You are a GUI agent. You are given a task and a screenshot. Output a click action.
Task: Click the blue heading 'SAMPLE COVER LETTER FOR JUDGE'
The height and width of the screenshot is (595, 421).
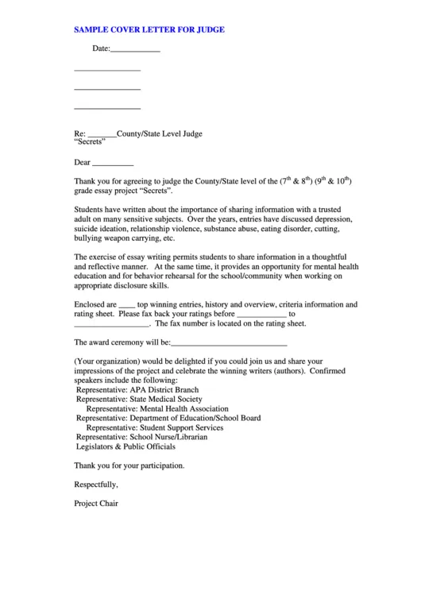pos(149,29)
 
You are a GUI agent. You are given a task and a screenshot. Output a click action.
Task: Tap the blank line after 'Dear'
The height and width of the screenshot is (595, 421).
pos(113,163)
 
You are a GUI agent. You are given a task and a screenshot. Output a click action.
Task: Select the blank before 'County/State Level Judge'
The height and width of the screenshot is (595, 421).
pos(102,135)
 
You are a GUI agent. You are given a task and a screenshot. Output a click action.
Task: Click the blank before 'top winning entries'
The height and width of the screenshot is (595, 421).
pos(127,304)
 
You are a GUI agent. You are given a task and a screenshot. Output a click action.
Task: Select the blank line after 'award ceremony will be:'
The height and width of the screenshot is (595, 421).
pos(229,343)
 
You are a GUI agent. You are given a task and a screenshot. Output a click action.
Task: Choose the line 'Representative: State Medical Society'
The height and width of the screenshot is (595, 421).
pos(139,400)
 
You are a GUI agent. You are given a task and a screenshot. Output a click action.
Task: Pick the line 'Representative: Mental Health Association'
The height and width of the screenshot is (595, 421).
pos(156,409)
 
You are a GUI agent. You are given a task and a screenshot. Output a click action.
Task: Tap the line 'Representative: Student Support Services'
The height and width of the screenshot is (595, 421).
pos(155,427)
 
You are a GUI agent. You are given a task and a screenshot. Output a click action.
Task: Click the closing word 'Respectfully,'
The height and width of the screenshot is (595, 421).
pos(96,484)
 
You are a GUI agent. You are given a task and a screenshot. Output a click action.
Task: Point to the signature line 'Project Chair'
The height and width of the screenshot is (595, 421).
pos(95,503)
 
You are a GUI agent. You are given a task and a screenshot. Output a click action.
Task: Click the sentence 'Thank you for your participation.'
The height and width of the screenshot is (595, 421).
pos(129,466)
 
